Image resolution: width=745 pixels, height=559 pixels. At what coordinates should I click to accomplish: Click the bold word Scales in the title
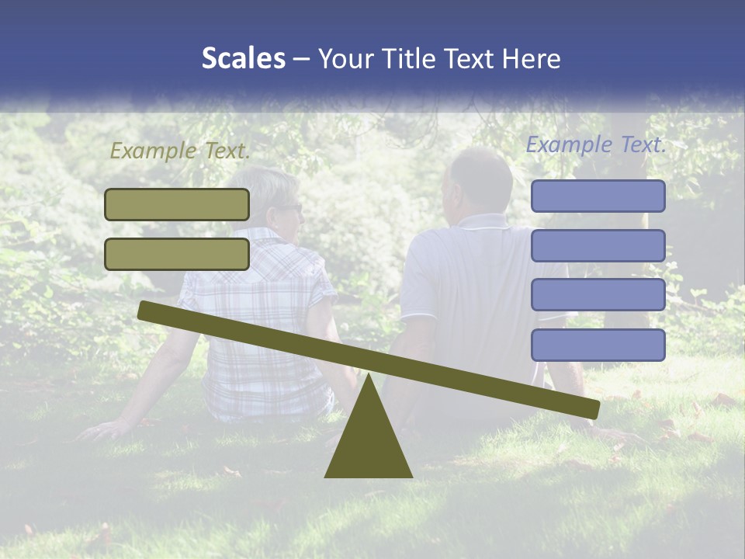point(243,58)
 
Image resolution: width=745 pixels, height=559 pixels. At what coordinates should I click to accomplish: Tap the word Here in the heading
point(530,59)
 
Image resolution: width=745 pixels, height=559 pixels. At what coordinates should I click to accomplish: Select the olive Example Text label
point(180,151)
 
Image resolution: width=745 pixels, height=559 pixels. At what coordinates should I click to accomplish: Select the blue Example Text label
point(596,144)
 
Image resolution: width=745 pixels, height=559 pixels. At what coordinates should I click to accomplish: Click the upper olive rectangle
point(177,204)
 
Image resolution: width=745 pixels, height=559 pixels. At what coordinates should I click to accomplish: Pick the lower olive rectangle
point(177,254)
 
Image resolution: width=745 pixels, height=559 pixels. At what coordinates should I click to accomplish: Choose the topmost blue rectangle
point(598,196)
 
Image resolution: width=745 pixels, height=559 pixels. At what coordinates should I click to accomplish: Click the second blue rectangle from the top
point(598,245)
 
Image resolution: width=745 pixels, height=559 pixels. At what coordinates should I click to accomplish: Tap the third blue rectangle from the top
point(598,295)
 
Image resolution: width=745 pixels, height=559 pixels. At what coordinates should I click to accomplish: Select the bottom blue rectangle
point(598,345)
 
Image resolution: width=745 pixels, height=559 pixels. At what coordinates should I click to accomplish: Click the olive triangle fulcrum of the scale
point(369,443)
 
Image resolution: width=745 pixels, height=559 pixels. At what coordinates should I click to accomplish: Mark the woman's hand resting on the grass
point(101,429)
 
